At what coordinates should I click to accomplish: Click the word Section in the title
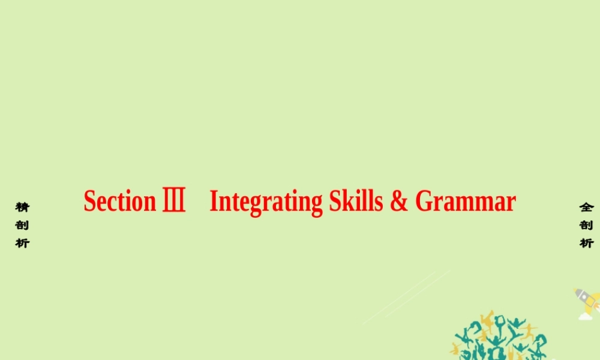(x=120, y=201)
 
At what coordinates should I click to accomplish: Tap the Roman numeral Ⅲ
(x=174, y=199)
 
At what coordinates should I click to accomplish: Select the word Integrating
(x=266, y=202)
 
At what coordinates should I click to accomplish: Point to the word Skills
(x=356, y=200)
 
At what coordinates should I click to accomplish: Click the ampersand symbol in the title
(x=399, y=200)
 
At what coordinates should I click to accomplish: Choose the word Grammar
(x=466, y=201)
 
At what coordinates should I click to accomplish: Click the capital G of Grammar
(x=424, y=201)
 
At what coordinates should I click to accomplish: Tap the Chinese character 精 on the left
(x=23, y=208)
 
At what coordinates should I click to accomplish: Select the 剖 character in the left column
(x=23, y=226)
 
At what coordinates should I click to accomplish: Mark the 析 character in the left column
(x=23, y=243)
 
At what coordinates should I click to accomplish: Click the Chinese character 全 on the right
(x=586, y=208)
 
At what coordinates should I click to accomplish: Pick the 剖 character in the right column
(x=586, y=226)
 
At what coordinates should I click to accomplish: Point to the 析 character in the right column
(x=586, y=243)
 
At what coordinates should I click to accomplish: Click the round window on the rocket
(x=584, y=296)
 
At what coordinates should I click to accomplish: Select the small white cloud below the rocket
(x=585, y=316)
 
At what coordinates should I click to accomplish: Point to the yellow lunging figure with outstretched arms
(x=529, y=331)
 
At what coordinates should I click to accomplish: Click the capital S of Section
(x=90, y=201)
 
